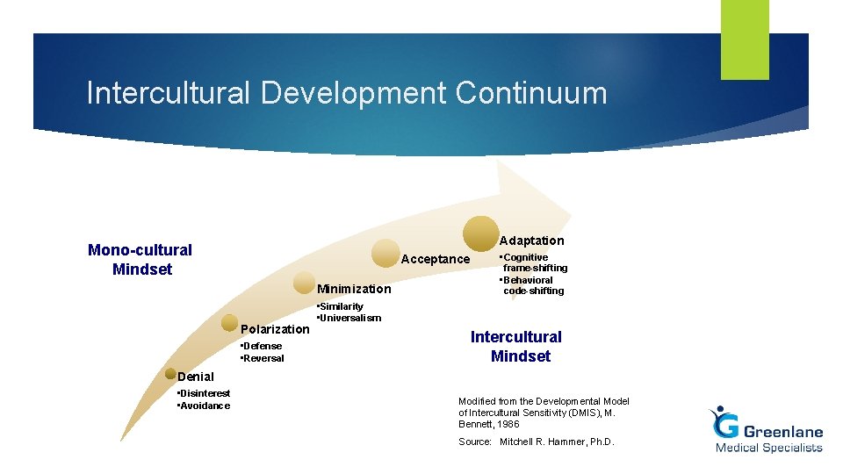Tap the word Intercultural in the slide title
click(x=168, y=93)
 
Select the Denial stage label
click(x=195, y=377)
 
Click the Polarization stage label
click(x=275, y=329)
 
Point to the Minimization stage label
click(x=354, y=289)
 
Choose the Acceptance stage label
click(x=435, y=259)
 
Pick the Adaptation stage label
click(x=531, y=241)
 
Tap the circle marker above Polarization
click(x=229, y=323)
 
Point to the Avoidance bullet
click(x=205, y=406)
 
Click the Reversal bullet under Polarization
click(x=263, y=358)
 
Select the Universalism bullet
click(x=350, y=318)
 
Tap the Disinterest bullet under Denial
click(x=205, y=393)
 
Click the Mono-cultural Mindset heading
click(x=140, y=259)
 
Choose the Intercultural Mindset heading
click(x=516, y=346)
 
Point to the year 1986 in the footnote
click(x=507, y=424)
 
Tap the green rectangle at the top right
click(x=745, y=39)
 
